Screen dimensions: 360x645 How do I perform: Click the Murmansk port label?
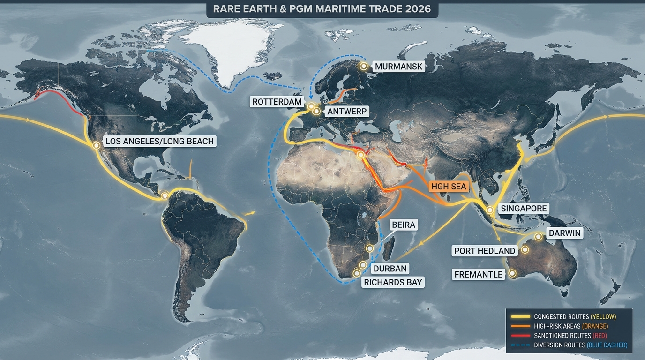398,67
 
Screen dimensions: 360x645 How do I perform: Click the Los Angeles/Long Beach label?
159,141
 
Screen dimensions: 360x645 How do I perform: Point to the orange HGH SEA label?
449,186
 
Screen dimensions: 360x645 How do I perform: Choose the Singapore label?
524,209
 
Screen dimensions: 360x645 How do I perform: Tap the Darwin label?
564,233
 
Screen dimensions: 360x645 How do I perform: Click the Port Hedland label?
484,251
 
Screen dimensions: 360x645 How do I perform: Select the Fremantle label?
478,274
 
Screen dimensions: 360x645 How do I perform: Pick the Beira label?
403,225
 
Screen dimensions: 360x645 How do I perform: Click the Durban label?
390,269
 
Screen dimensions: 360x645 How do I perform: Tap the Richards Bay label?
393,282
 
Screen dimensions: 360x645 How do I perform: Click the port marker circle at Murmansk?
363,67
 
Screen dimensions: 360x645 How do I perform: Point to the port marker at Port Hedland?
525,250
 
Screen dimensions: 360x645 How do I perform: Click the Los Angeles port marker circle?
97,145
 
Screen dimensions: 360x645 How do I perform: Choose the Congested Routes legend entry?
574,317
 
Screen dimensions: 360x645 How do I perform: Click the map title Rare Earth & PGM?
322,9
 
